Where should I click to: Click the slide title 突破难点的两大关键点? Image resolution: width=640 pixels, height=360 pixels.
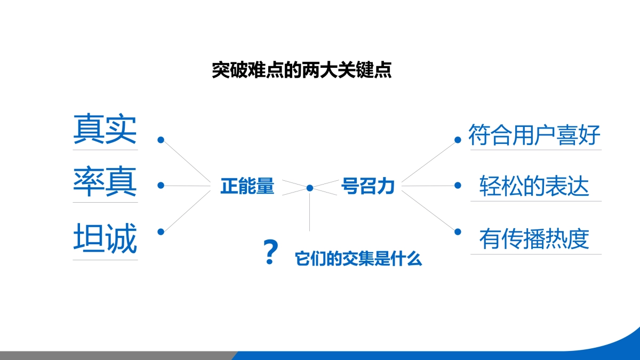[x=302, y=70]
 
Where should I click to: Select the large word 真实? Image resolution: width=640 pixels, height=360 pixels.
[x=105, y=129]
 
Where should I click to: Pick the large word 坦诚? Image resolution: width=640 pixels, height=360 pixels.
[x=105, y=238]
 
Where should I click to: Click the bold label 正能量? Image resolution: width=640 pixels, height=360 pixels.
[x=247, y=187]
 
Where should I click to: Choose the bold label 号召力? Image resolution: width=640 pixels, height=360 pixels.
[x=367, y=187]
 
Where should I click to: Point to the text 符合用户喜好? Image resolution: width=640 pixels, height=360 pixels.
[x=534, y=135]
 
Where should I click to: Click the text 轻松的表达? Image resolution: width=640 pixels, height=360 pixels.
[x=534, y=186]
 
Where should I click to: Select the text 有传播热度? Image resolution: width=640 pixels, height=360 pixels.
[x=534, y=239]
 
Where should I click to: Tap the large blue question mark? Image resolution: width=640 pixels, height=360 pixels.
[x=271, y=253]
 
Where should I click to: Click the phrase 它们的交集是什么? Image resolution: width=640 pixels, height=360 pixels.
[x=358, y=259]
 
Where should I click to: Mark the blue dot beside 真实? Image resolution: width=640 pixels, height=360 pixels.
[x=161, y=140]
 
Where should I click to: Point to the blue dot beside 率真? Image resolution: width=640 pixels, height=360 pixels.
[x=161, y=186]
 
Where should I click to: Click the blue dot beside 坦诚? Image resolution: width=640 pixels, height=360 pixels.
[x=161, y=231]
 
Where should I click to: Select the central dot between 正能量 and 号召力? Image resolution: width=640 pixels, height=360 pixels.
[x=310, y=188]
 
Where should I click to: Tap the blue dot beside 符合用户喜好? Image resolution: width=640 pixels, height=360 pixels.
[x=457, y=140]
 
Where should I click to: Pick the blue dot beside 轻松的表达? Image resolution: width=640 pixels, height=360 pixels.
[x=457, y=186]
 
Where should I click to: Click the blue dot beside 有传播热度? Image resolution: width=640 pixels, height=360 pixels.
[x=457, y=231]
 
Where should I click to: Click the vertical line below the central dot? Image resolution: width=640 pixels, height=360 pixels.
[x=310, y=213]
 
